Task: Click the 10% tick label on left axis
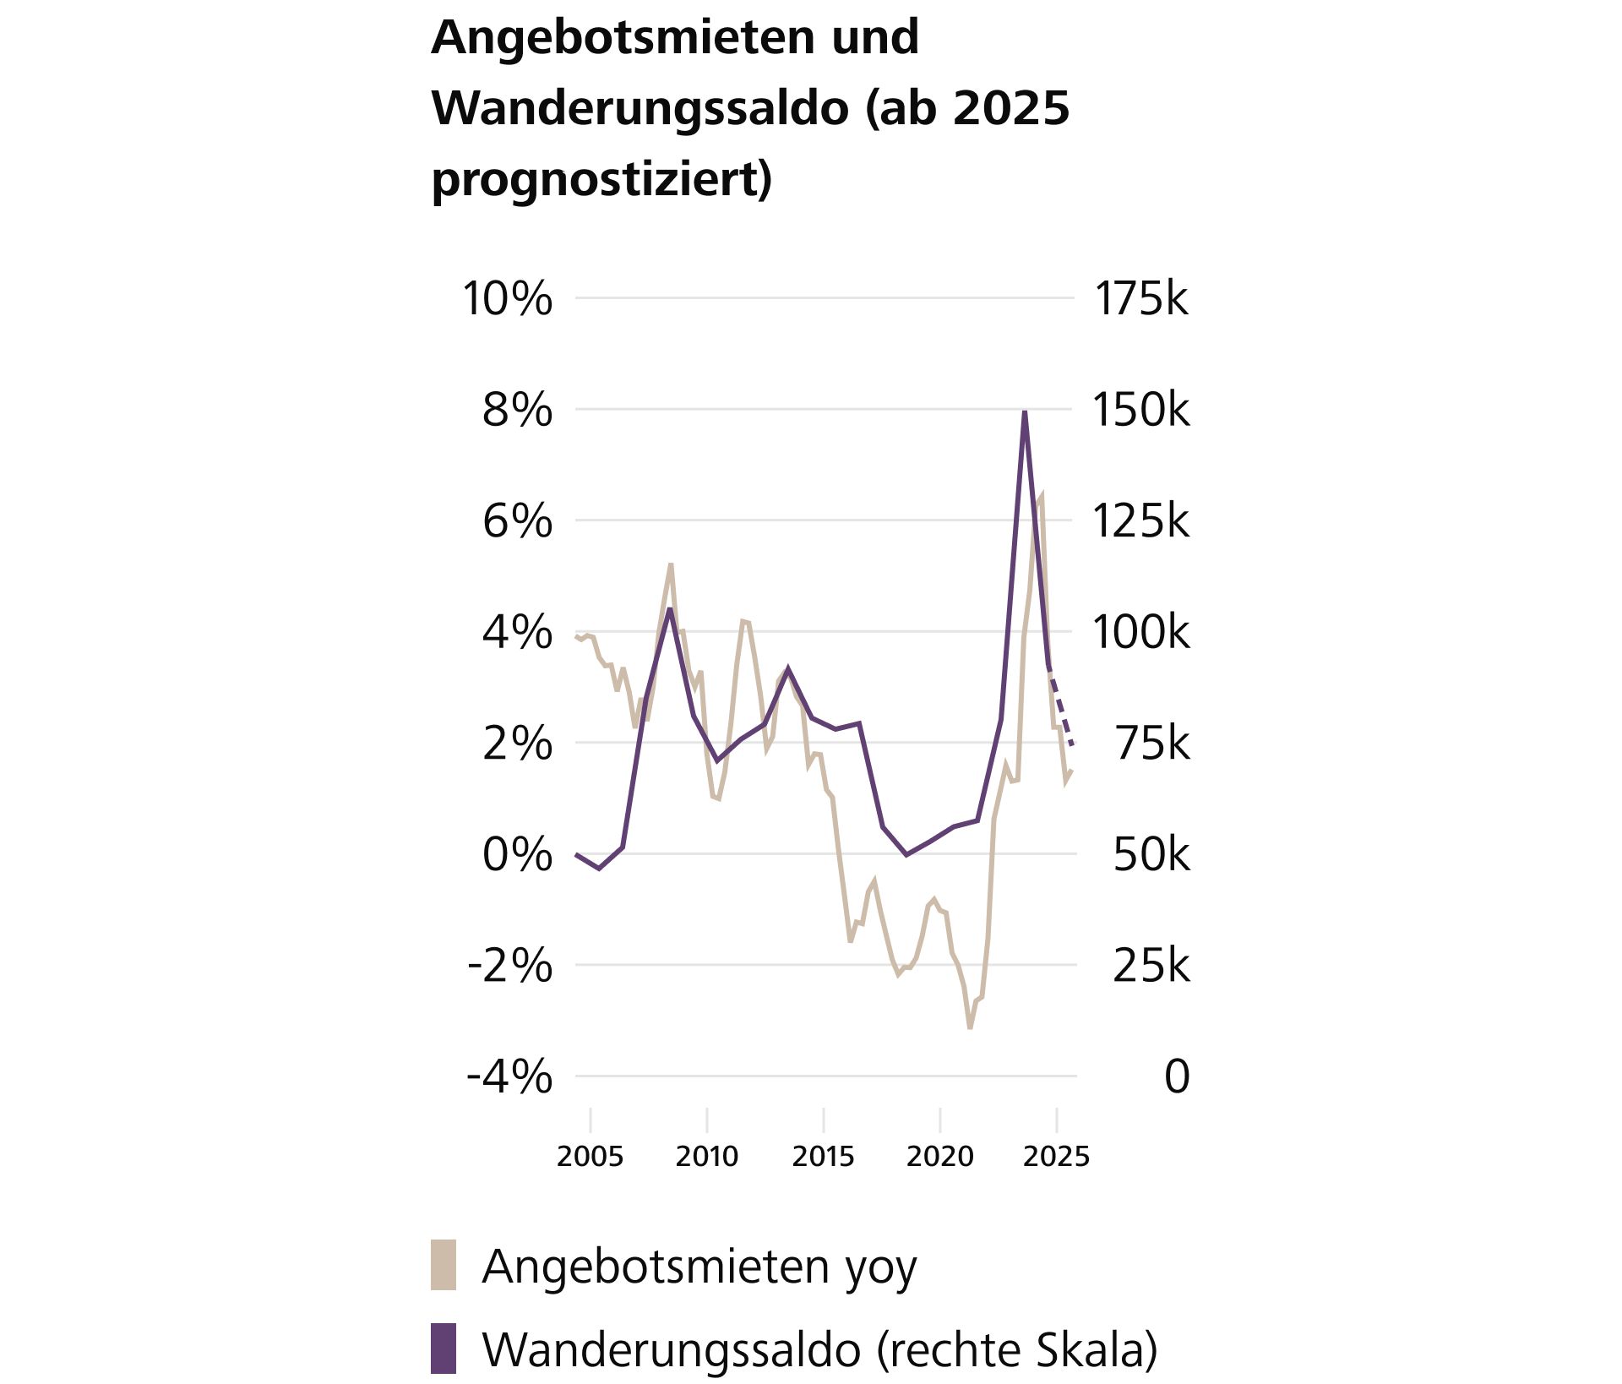tap(507, 299)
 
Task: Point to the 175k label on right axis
tap(1140, 299)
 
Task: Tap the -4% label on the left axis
tap(509, 1077)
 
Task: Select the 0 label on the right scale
tap(1176, 1077)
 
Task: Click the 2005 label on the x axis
tap(590, 1156)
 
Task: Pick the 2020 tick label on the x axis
tap(939, 1156)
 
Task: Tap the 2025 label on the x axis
tap(1056, 1156)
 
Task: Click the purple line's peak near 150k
tap(1025, 413)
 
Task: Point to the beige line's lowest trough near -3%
tap(970, 1026)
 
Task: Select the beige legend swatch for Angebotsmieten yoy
tap(444, 1265)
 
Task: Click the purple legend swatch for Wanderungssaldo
tap(444, 1349)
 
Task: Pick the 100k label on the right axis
tap(1140, 632)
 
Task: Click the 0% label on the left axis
tap(517, 855)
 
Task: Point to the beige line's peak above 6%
tap(1041, 496)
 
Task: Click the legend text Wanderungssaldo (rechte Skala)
tap(819, 1350)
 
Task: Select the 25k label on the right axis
tap(1151, 966)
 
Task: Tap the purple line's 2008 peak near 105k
tap(670, 610)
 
